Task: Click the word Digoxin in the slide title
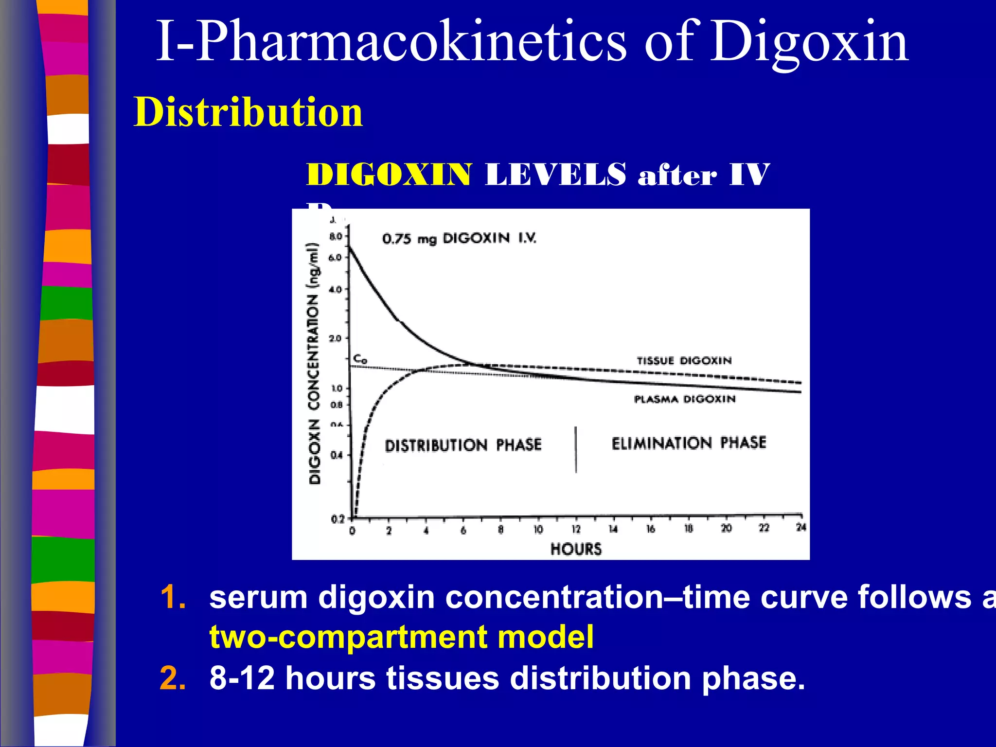(x=809, y=43)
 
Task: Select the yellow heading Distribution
(x=248, y=112)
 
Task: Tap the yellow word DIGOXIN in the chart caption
(x=388, y=175)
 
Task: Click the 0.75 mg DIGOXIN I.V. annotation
(x=459, y=238)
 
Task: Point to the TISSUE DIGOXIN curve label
(x=684, y=360)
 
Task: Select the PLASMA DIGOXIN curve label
(x=685, y=399)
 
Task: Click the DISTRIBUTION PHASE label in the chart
(x=463, y=445)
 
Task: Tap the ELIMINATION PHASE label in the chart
(x=689, y=443)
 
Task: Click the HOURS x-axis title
(x=576, y=549)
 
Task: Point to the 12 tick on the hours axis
(x=576, y=529)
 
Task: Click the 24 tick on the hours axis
(x=800, y=527)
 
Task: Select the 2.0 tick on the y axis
(x=336, y=338)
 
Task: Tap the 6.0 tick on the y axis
(x=336, y=258)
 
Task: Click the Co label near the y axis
(x=360, y=359)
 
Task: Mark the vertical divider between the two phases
(x=576, y=449)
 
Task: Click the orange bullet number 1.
(x=173, y=597)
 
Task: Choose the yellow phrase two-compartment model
(x=401, y=637)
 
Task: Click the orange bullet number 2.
(x=173, y=678)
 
